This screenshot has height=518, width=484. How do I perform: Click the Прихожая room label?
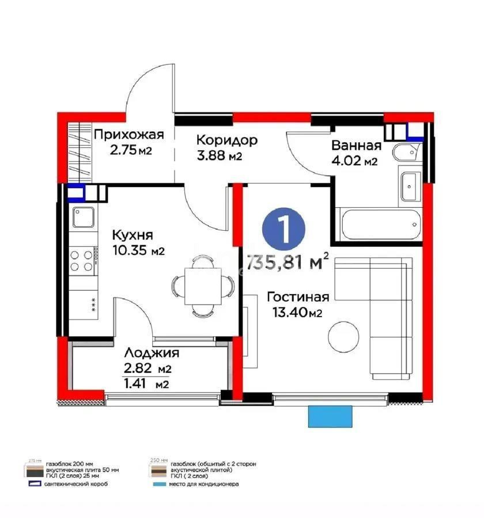129,135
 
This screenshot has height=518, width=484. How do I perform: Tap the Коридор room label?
226,140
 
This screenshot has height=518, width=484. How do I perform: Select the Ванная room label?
356,145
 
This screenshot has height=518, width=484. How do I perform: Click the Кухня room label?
133,235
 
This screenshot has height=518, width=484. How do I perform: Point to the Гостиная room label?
298,297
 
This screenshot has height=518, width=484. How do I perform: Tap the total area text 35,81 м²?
288,262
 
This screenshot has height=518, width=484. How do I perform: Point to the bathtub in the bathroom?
380,226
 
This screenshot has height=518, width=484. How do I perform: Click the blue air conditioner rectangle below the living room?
329,416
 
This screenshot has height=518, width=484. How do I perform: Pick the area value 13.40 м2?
297,313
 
